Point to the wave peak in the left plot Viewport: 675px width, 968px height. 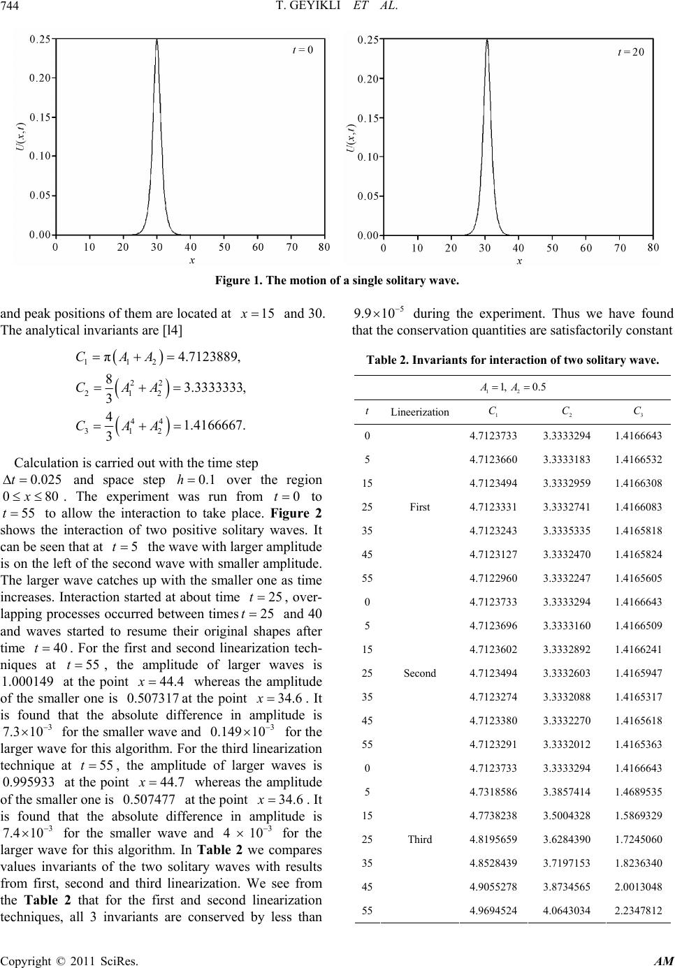pyautogui.click(x=157, y=40)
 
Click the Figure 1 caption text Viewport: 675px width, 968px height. pyautogui.click(x=337, y=281)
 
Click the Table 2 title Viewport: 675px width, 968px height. pyautogui.click(x=512, y=360)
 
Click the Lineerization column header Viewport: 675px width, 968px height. pyautogui.click(x=419, y=412)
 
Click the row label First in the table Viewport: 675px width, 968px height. pyautogui.click(x=419, y=507)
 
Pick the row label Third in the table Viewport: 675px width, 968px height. pyautogui.click(x=419, y=839)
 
